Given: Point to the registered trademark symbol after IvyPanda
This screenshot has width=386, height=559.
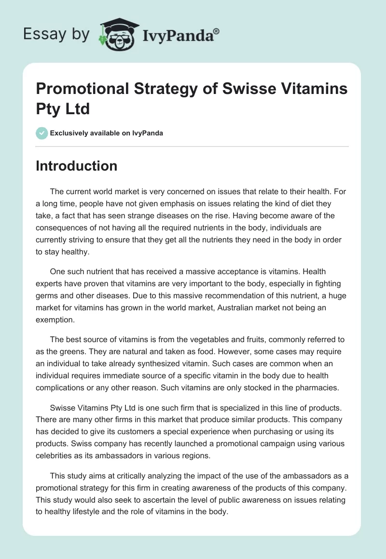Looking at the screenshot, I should tap(217, 30).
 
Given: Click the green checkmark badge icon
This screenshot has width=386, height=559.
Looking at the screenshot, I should tap(42, 133).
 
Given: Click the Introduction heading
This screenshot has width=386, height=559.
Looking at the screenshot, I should tap(76, 166).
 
